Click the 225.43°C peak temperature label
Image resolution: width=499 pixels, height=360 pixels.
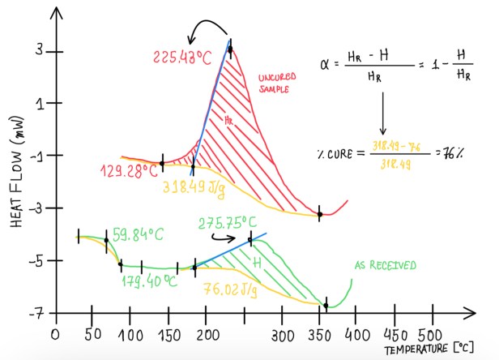coord(183,58)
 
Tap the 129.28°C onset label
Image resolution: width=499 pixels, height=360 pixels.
coord(130,171)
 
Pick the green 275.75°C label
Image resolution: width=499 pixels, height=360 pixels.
coord(228,222)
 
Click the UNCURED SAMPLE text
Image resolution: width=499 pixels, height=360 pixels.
coord(279,83)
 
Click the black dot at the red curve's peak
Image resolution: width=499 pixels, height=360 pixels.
coord(230,49)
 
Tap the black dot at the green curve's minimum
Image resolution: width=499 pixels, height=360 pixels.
coord(326,306)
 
